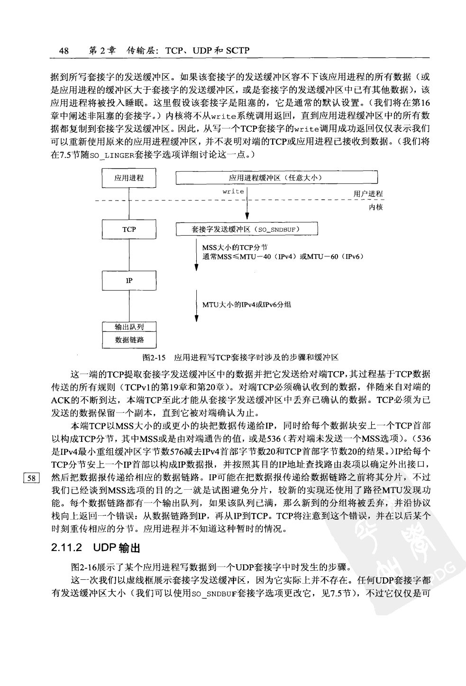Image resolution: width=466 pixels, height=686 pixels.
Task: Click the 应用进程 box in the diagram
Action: click(x=129, y=178)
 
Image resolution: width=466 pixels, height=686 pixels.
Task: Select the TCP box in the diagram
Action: click(x=129, y=229)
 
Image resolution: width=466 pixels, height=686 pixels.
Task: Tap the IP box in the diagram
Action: click(x=129, y=281)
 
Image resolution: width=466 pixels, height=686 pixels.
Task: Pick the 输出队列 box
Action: click(x=129, y=327)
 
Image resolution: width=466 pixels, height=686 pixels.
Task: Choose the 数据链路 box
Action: click(x=129, y=340)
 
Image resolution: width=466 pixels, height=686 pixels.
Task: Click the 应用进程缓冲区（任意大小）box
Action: click(x=276, y=178)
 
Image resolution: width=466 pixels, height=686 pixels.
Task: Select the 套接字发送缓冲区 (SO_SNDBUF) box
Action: click(x=246, y=229)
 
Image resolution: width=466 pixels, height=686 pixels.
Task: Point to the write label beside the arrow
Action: click(x=233, y=192)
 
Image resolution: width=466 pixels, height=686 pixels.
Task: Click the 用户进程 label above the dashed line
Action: click(x=368, y=194)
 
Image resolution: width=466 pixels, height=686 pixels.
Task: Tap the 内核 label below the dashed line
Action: click(x=376, y=207)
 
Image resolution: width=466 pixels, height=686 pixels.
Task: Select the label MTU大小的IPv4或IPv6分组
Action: click(x=247, y=305)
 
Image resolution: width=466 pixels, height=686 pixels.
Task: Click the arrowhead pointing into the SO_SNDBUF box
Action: click(x=247, y=219)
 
